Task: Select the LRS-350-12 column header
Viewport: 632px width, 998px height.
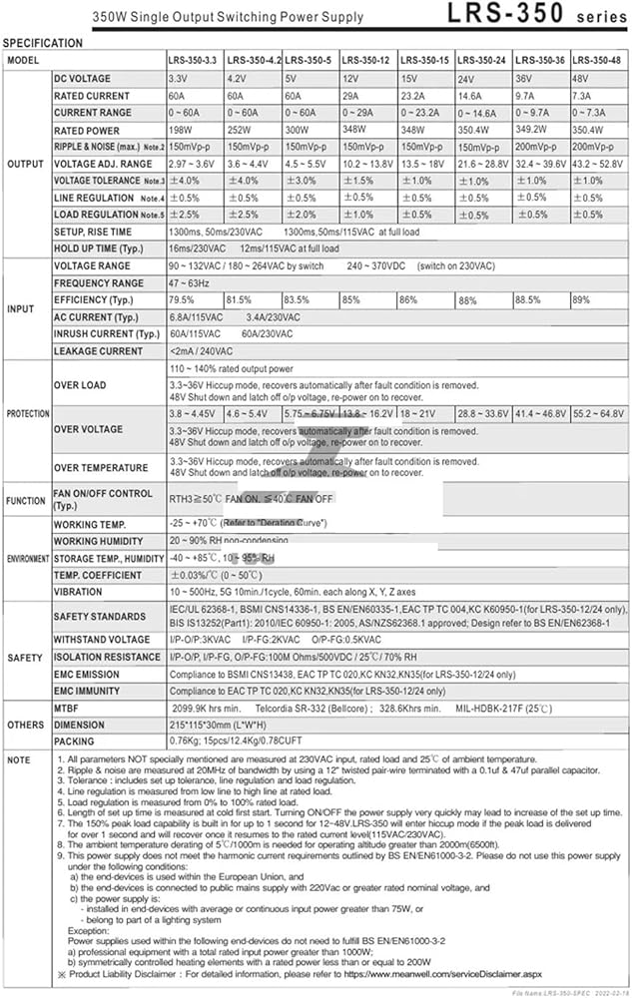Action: tap(369, 60)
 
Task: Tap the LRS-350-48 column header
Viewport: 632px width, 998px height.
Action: tap(595, 60)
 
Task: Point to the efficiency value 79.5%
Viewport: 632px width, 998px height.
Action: tap(182, 299)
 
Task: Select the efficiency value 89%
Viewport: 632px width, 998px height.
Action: tap(581, 299)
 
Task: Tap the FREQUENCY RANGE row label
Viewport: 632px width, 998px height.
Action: tap(99, 283)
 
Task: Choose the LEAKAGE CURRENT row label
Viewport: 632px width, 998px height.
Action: tap(98, 351)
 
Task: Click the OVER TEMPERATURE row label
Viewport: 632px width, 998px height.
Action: tap(101, 468)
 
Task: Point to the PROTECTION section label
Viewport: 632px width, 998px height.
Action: tap(26, 413)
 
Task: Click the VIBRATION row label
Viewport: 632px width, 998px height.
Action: tap(77, 593)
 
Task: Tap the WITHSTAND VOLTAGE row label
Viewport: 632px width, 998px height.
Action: tap(102, 640)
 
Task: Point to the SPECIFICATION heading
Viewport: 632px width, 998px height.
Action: tap(44, 43)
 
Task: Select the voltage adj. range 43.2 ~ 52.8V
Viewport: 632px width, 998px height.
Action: tap(598, 164)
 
